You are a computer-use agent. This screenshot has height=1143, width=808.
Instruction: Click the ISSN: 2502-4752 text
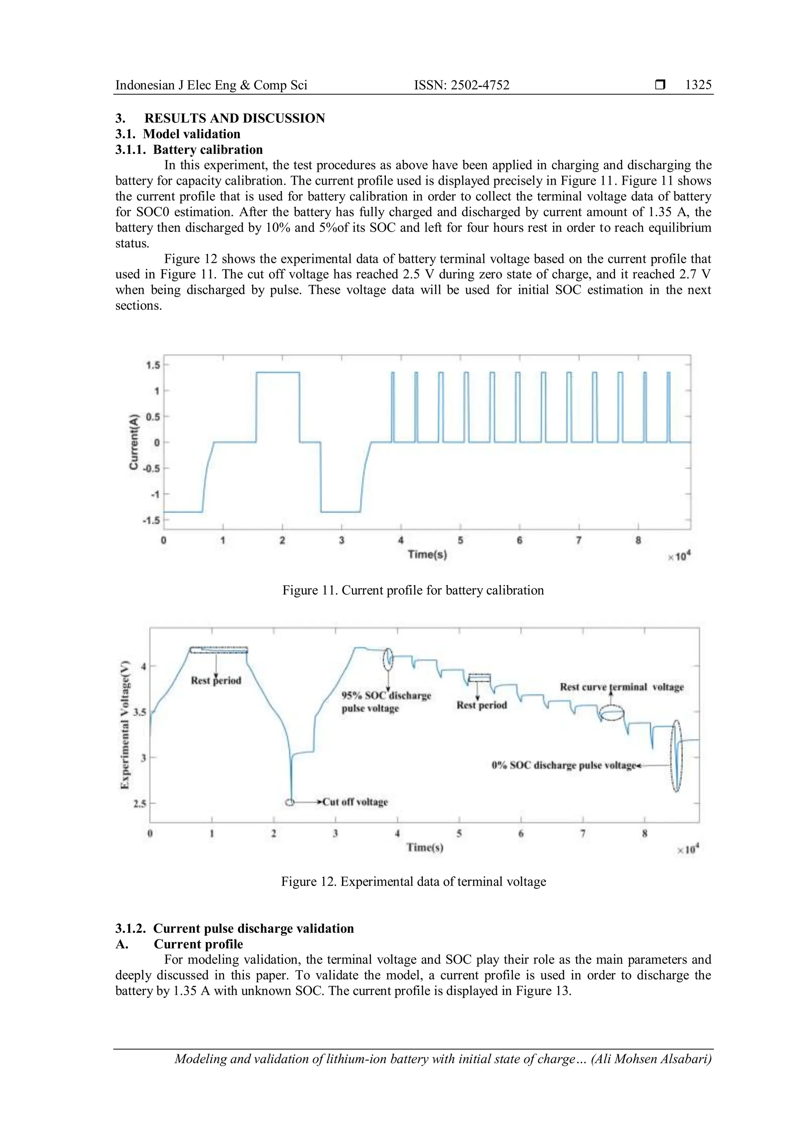click(x=462, y=85)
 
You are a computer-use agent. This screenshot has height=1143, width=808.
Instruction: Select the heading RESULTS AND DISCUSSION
click(x=234, y=118)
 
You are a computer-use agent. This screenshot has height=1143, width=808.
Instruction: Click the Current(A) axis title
click(x=133, y=442)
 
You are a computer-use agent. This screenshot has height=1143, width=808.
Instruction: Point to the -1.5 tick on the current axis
click(x=151, y=520)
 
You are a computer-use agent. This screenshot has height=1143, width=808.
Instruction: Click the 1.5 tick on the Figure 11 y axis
click(x=152, y=365)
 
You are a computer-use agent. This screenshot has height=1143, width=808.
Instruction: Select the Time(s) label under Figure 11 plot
click(x=427, y=555)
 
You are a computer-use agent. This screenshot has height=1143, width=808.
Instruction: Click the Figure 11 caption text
click(x=413, y=590)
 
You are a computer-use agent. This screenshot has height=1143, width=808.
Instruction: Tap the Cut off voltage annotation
click(x=355, y=802)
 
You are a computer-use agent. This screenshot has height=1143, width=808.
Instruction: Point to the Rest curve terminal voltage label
click(x=621, y=687)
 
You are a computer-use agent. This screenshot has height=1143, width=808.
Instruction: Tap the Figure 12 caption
click(x=413, y=882)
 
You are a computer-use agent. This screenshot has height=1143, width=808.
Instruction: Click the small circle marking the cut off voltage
click(x=290, y=802)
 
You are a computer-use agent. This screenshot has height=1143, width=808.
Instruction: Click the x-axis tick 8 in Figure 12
click(x=644, y=833)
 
